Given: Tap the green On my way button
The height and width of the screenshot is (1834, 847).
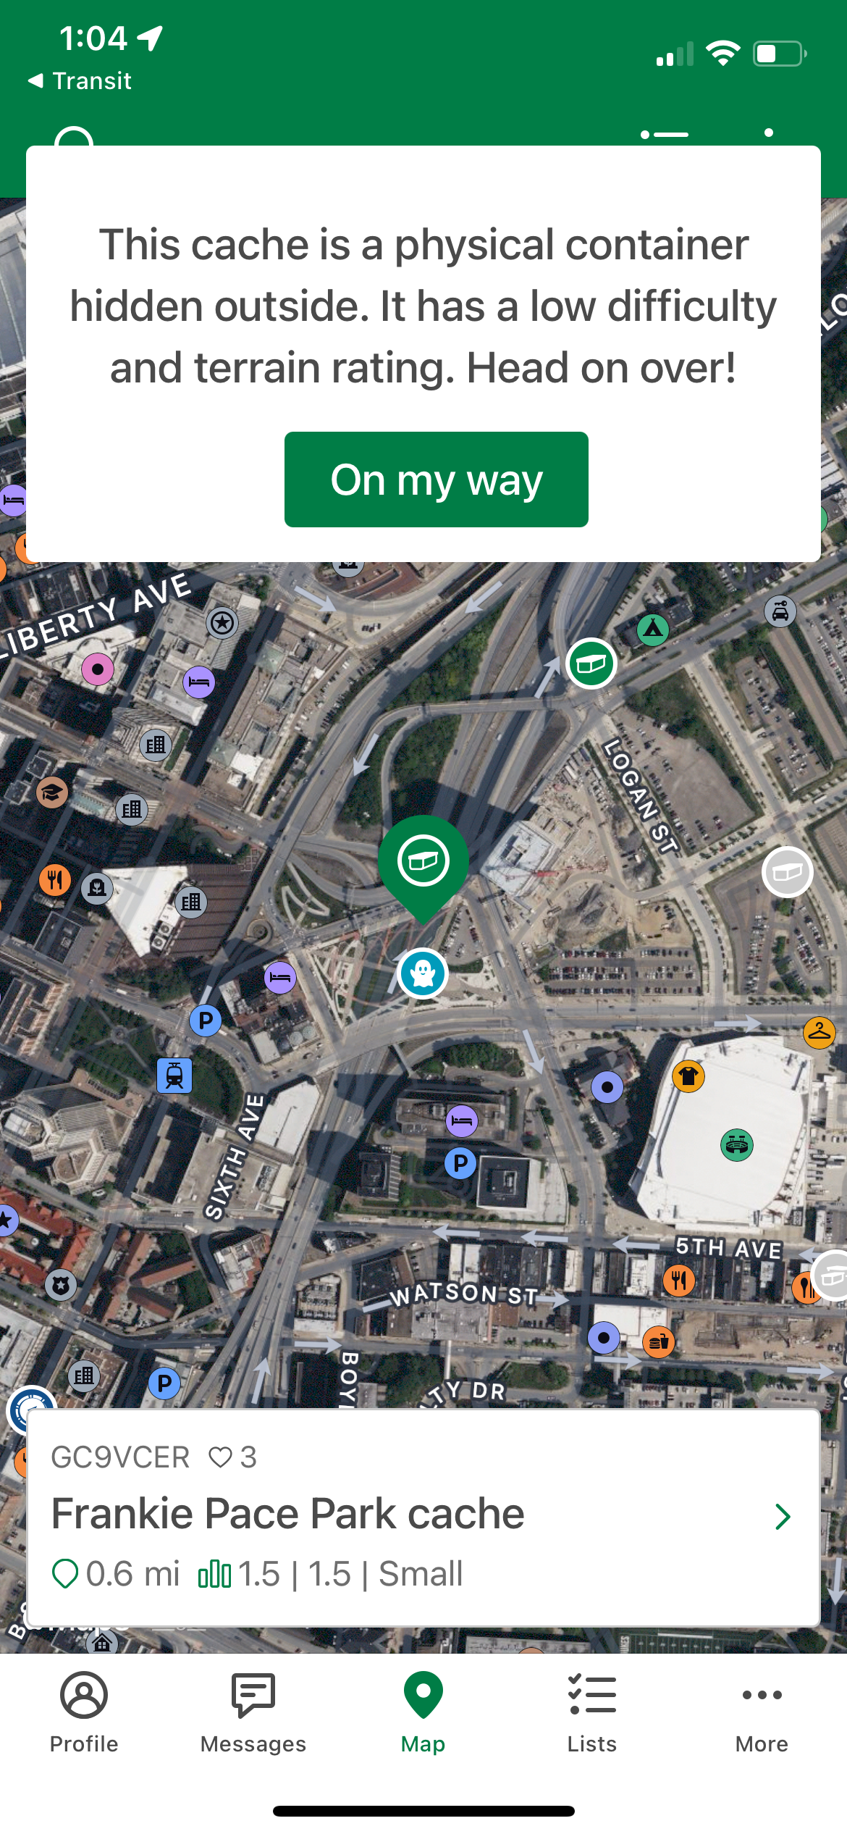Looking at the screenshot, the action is [x=436, y=480].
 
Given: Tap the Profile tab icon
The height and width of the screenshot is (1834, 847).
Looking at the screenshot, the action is [x=84, y=1696].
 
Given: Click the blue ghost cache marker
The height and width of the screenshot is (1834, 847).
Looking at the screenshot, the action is [x=423, y=973].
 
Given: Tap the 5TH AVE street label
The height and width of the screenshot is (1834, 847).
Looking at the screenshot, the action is [x=728, y=1247].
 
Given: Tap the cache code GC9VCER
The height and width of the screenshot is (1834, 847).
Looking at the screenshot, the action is [x=120, y=1457].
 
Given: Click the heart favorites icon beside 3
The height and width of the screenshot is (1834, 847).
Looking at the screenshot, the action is [x=220, y=1457].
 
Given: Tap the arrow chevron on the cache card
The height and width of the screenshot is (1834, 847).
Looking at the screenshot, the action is [x=782, y=1517].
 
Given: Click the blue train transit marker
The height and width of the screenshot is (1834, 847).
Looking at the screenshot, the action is [x=174, y=1075].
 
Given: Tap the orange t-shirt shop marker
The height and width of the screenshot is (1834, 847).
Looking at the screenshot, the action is [x=688, y=1076].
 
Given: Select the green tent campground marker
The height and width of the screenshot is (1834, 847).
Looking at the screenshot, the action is [x=653, y=629].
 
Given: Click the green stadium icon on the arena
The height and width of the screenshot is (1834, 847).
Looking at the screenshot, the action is [x=737, y=1145].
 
